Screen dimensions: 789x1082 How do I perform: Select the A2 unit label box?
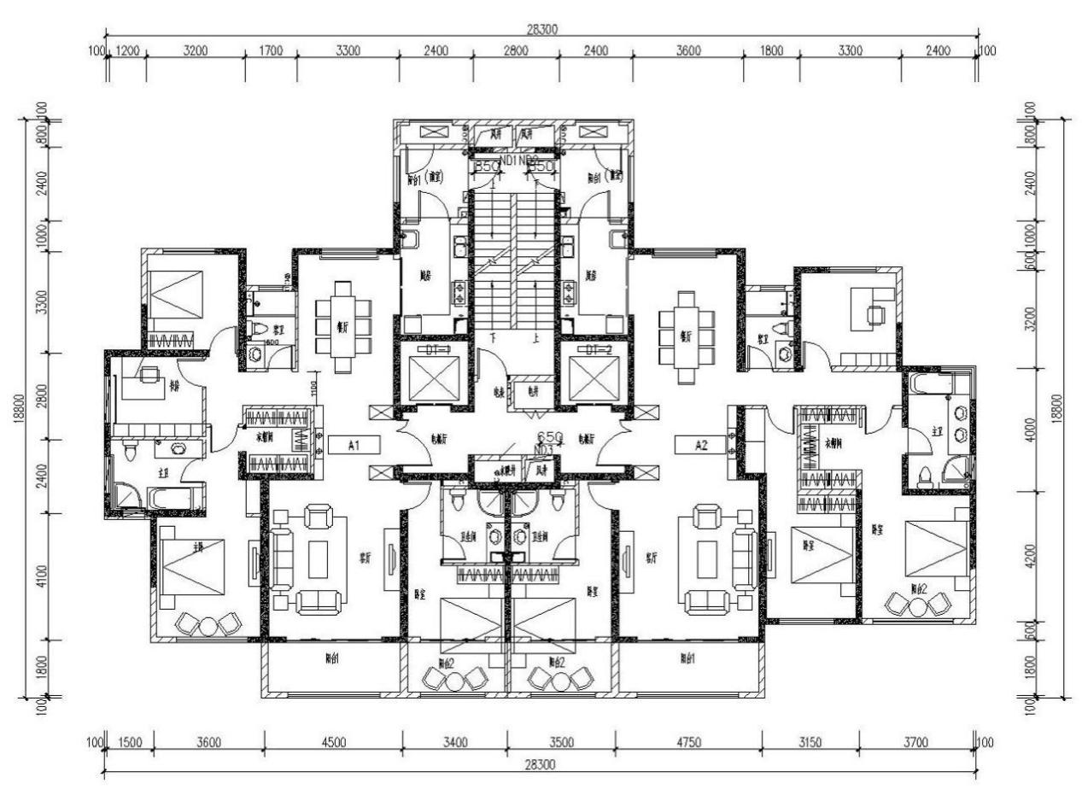pyautogui.click(x=701, y=445)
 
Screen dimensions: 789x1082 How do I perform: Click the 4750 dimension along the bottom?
pyautogui.click(x=687, y=742)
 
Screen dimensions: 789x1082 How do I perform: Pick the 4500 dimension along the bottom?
pyautogui.click(x=333, y=742)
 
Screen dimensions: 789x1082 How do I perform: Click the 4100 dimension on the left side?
pyautogui.click(x=40, y=576)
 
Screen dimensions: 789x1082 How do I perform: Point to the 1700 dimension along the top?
pyautogui.click(x=270, y=50)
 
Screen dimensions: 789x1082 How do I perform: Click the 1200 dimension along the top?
pyautogui.click(x=127, y=50)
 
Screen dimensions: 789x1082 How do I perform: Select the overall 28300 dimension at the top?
pyautogui.click(x=541, y=29)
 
